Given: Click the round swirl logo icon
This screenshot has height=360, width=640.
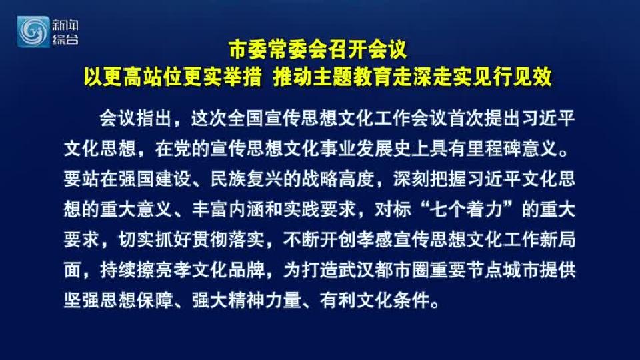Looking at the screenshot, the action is pos(33,32).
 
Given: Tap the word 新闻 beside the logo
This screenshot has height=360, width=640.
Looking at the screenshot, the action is pos(65,25).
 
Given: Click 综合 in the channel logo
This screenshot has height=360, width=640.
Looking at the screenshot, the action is pos(65,39).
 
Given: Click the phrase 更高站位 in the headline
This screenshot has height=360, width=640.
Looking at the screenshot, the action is pos(143,77).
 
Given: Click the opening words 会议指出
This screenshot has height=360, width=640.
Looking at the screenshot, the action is pos(136,119).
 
